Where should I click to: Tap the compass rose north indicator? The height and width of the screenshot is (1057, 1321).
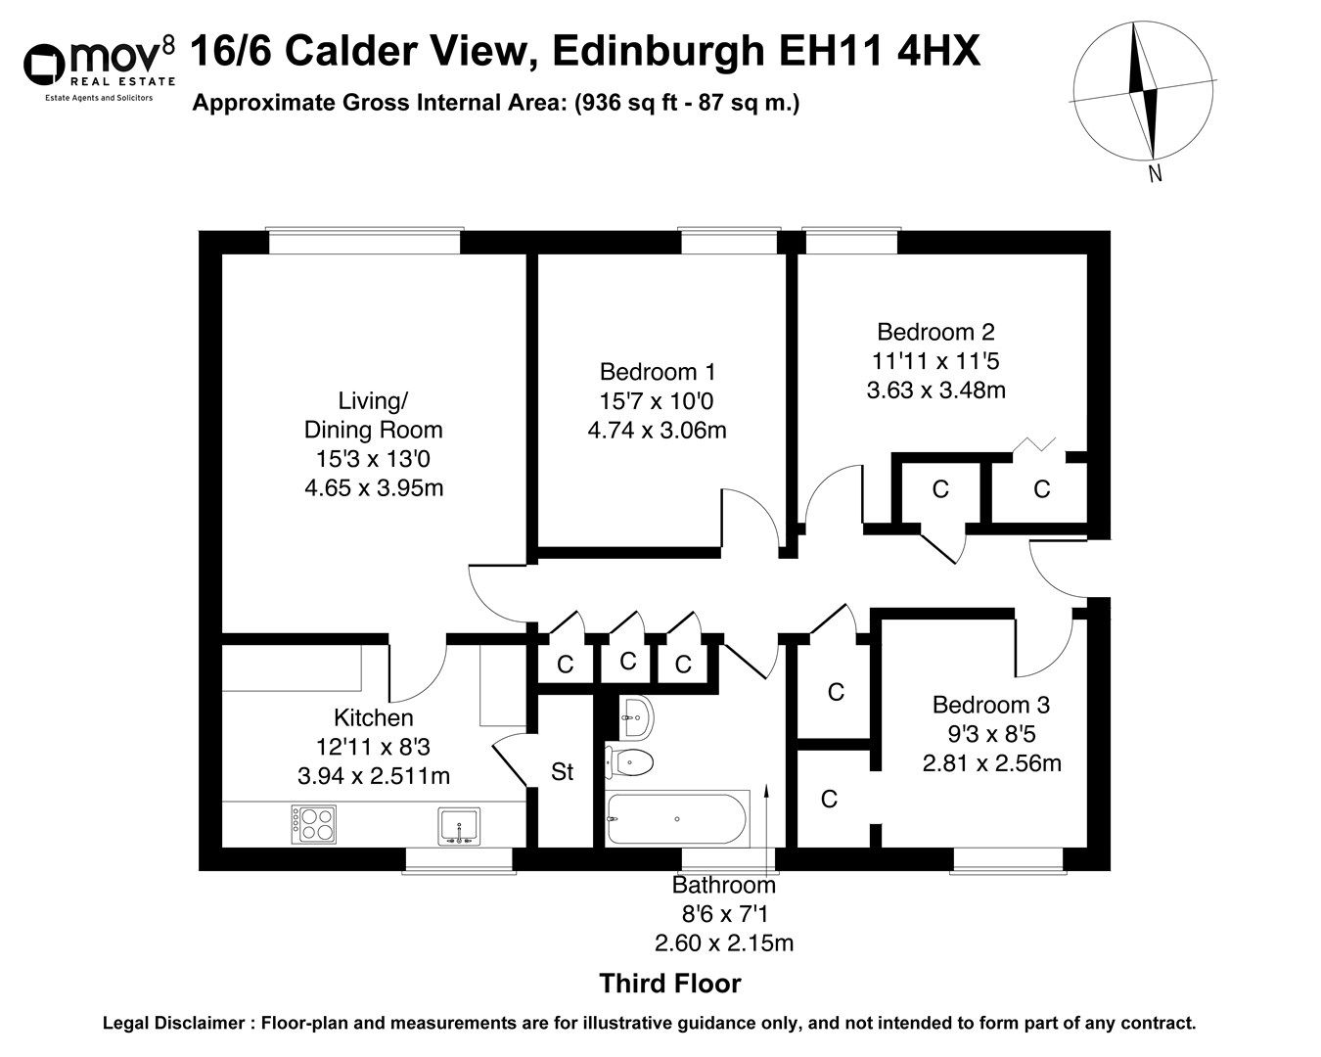coord(1142,92)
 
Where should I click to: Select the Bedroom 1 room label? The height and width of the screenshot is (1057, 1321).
coord(658,372)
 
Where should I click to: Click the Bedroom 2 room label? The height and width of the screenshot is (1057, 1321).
coord(935,332)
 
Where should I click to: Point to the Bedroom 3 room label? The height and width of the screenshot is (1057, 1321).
coord(990,705)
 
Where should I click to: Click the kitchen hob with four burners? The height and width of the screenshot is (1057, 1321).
coord(313,823)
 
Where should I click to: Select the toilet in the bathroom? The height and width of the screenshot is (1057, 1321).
coord(630,760)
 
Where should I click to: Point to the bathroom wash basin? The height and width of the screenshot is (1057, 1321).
coord(635,718)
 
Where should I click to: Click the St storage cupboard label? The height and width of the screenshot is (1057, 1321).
coord(562,772)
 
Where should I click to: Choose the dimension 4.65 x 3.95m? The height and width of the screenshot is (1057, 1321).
coord(374,487)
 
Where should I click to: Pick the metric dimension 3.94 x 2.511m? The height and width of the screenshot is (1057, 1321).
coord(373,776)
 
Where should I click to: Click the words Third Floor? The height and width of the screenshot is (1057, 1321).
coord(669,984)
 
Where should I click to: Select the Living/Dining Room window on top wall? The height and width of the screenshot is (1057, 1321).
coord(364,241)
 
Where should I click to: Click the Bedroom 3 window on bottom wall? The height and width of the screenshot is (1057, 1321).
coord(1008,859)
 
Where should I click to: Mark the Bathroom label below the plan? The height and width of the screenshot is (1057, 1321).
coord(723,886)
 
